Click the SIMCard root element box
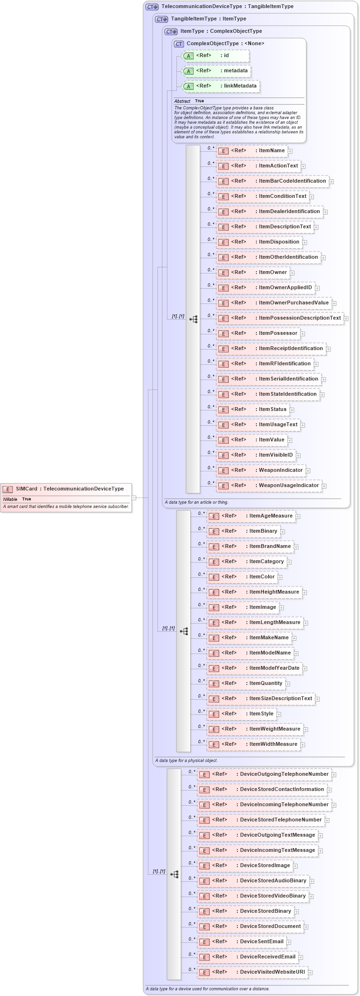coord(66,489)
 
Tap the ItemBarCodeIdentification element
coord(273,181)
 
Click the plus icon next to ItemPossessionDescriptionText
coord(346,319)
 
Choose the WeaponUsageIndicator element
coord(269,486)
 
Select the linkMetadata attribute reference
coord(221,86)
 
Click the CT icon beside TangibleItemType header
coord(162,20)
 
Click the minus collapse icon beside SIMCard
coord(134,498)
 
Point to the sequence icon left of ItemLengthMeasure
coord(184,632)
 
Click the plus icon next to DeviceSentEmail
coord(289,942)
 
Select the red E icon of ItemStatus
coord(224,410)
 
